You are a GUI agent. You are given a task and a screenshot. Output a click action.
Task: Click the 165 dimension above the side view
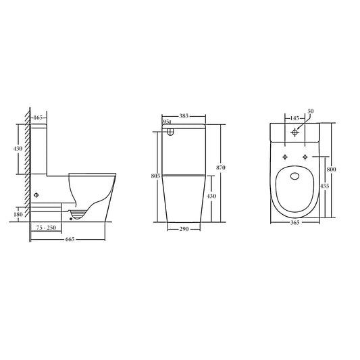[38, 118]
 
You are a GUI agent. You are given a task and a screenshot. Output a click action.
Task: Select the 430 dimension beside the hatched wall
[18, 149]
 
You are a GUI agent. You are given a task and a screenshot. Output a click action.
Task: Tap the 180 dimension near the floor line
[18, 214]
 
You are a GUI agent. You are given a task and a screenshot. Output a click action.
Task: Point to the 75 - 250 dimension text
[46, 228]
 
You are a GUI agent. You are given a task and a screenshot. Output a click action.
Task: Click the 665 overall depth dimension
[70, 239]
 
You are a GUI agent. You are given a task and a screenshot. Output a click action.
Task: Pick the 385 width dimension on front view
[184, 116]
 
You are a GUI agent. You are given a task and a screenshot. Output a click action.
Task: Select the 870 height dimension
[221, 168]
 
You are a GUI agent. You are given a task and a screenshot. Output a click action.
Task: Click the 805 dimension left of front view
[155, 176]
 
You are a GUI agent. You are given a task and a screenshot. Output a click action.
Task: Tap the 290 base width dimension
[184, 229]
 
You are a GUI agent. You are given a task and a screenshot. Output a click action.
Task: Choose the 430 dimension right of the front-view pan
[211, 196]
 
